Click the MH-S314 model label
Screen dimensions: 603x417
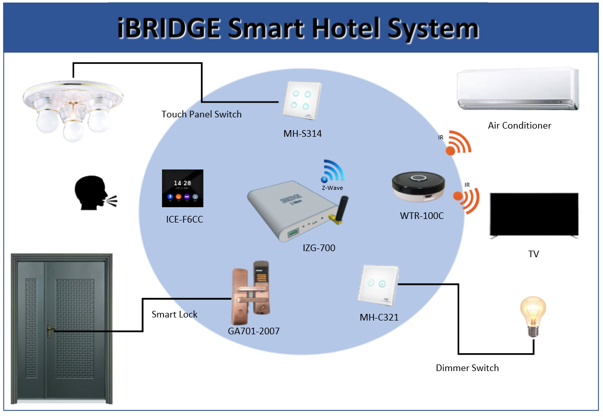point(303,134)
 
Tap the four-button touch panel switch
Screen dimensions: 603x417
point(301,101)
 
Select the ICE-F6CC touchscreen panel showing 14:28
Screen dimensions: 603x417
point(182,188)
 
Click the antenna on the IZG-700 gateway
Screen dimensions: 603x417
point(339,210)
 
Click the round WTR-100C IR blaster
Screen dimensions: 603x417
point(419,187)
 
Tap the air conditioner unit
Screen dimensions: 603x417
point(518,89)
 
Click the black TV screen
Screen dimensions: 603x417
point(534,215)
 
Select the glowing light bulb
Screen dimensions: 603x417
point(533,316)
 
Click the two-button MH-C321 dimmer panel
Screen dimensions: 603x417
point(378,285)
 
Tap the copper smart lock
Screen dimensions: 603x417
point(251,293)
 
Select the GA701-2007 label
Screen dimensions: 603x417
point(253,331)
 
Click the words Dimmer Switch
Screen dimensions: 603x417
point(467,368)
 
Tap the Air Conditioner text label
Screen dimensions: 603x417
point(520,126)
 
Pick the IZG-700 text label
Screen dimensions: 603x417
point(319,248)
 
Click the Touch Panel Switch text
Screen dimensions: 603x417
point(201,114)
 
